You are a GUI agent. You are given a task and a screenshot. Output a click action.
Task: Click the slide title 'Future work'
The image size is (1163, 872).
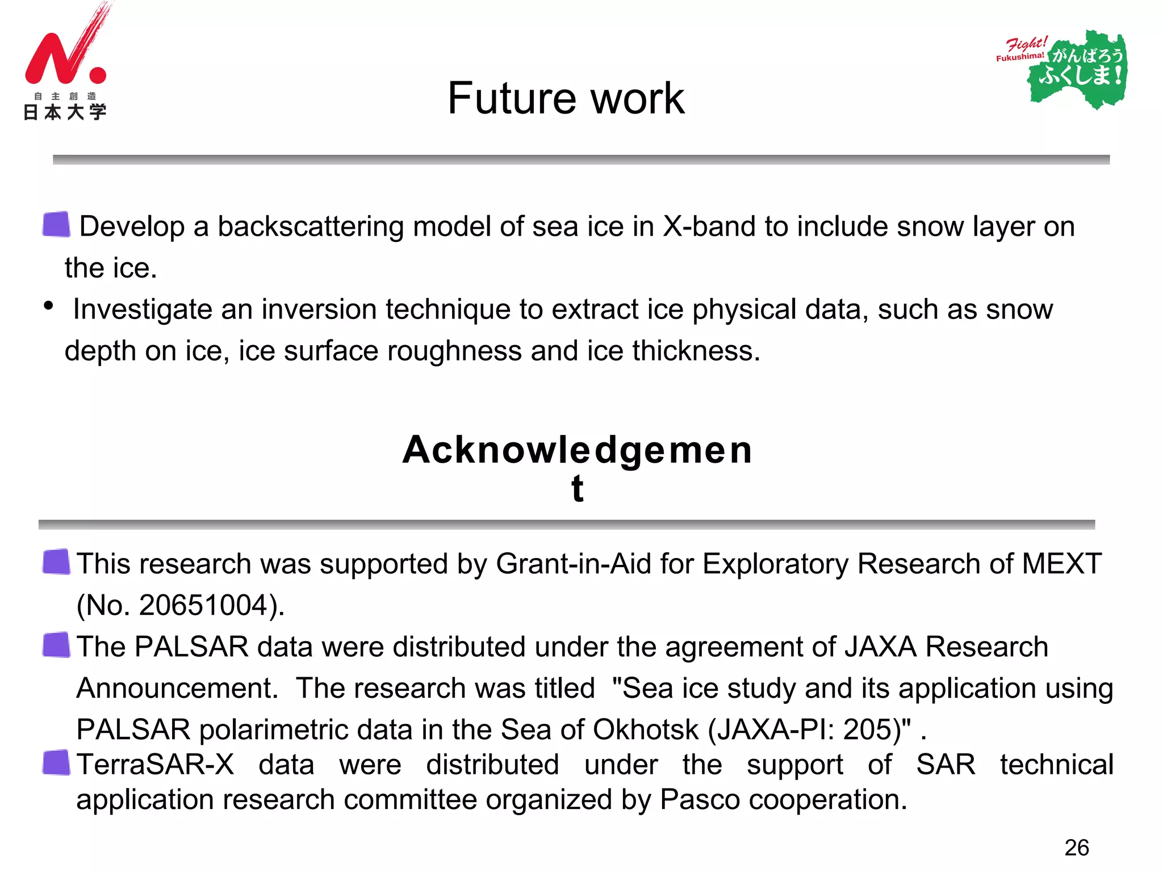(x=566, y=98)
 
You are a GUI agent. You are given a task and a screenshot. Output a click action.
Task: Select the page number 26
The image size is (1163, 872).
(x=1076, y=848)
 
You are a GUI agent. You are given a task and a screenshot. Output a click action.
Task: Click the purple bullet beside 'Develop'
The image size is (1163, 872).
(x=56, y=224)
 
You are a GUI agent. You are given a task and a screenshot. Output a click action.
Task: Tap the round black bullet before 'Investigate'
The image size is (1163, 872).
(x=49, y=306)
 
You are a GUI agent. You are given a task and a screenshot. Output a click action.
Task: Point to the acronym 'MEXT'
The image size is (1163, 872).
(x=1061, y=564)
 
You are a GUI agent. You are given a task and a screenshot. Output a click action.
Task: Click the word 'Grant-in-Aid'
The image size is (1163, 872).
(x=573, y=564)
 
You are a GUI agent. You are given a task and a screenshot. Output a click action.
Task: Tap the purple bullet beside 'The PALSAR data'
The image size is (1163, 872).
(x=56, y=645)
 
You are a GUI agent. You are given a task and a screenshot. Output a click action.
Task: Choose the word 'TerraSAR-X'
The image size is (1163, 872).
(x=155, y=765)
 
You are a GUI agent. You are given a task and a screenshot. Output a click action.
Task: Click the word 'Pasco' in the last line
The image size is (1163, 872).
(x=700, y=800)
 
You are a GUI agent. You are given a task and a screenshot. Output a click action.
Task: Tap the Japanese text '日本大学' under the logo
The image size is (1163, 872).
(x=65, y=112)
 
